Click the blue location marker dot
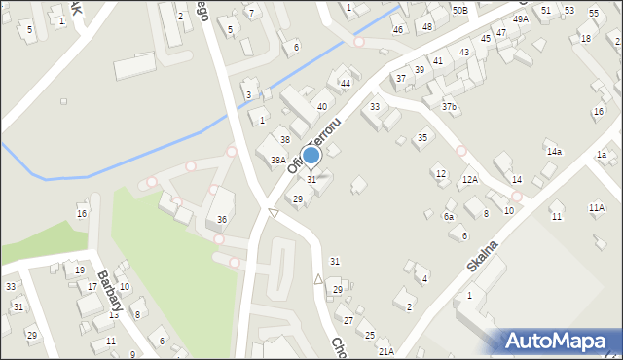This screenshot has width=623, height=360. [x=311, y=155]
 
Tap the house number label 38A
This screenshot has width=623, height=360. [x=277, y=161]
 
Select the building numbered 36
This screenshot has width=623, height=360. [x=222, y=219]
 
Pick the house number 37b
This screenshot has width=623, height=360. [x=449, y=107]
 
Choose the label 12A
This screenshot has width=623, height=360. [x=469, y=180]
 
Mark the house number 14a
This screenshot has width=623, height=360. [x=554, y=152]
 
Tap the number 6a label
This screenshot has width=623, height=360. [x=449, y=217]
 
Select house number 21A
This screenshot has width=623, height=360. [x=385, y=352]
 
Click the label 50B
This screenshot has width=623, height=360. [x=459, y=9]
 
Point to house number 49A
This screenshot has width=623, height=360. [x=521, y=19]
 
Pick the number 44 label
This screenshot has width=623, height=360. [x=345, y=84]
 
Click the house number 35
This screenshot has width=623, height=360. [x=422, y=138]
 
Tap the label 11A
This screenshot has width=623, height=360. [x=596, y=208]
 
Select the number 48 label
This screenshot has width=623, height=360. [x=426, y=26]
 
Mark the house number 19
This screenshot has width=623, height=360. [x=79, y=270]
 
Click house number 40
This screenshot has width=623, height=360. [x=321, y=107]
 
